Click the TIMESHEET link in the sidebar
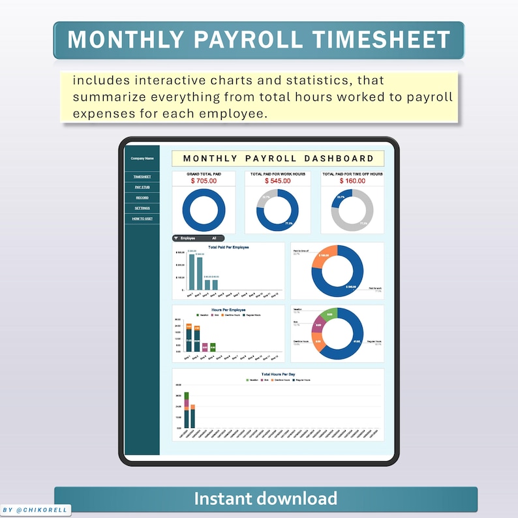[142, 177]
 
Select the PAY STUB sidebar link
[142, 187]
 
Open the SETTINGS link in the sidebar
[142, 208]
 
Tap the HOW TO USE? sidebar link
[142, 219]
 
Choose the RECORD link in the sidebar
[142, 198]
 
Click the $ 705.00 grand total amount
[204, 181]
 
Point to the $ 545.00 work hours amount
[277, 181]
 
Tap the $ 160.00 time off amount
[352, 181]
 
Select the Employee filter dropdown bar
[198, 238]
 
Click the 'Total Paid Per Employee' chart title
[228, 247]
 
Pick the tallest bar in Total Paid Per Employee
[192, 271]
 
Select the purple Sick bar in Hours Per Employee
[204, 348]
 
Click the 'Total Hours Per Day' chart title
[278, 374]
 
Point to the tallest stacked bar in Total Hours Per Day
[187, 410]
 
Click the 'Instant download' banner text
[266, 499]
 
